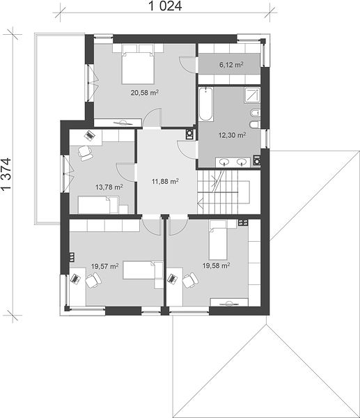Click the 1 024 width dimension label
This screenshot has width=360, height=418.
(x=165, y=6)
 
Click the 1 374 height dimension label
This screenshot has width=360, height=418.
(x=6, y=173)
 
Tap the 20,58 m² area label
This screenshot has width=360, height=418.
(x=144, y=93)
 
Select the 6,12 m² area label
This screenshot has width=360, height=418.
(x=231, y=65)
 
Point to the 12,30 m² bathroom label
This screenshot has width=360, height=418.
(x=232, y=135)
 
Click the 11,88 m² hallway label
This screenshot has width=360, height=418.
(x=165, y=181)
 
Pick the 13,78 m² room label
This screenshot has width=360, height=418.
(x=109, y=187)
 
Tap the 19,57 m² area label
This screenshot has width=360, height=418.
(x=104, y=266)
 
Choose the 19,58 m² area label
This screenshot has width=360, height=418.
(x=216, y=265)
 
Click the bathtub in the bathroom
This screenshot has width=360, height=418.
(x=205, y=104)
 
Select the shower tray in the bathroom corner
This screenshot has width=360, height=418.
(x=252, y=95)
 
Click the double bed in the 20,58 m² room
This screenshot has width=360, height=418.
(x=138, y=64)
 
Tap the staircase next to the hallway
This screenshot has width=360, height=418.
(x=224, y=192)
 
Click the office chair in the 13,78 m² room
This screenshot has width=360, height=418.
(x=85, y=153)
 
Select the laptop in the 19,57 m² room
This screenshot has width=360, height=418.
(x=75, y=279)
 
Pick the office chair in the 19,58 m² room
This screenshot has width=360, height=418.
(x=190, y=280)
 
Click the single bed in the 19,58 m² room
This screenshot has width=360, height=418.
(x=218, y=240)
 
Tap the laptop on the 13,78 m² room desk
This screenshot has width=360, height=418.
(x=88, y=135)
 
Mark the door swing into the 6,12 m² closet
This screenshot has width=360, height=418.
(x=188, y=65)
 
